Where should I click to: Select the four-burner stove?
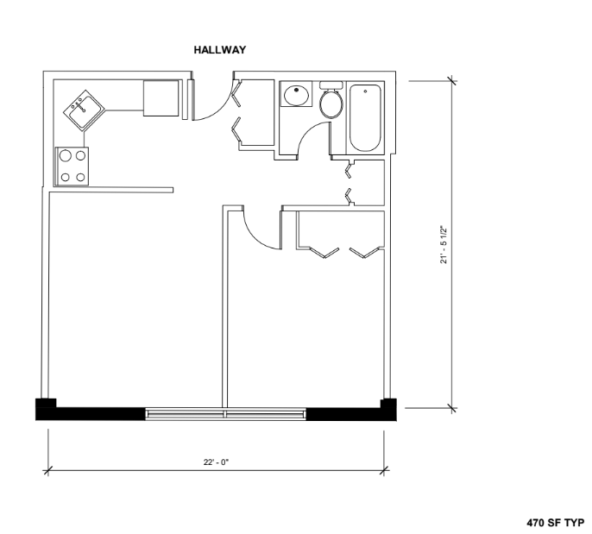coord(72,166)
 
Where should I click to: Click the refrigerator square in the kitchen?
coord(161,97)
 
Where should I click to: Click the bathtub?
coord(368,116)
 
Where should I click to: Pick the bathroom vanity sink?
coord(297,94)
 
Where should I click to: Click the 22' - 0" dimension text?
coord(217,461)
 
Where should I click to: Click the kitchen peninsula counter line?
coord(111,190)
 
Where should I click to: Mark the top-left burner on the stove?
coord(64,157)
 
